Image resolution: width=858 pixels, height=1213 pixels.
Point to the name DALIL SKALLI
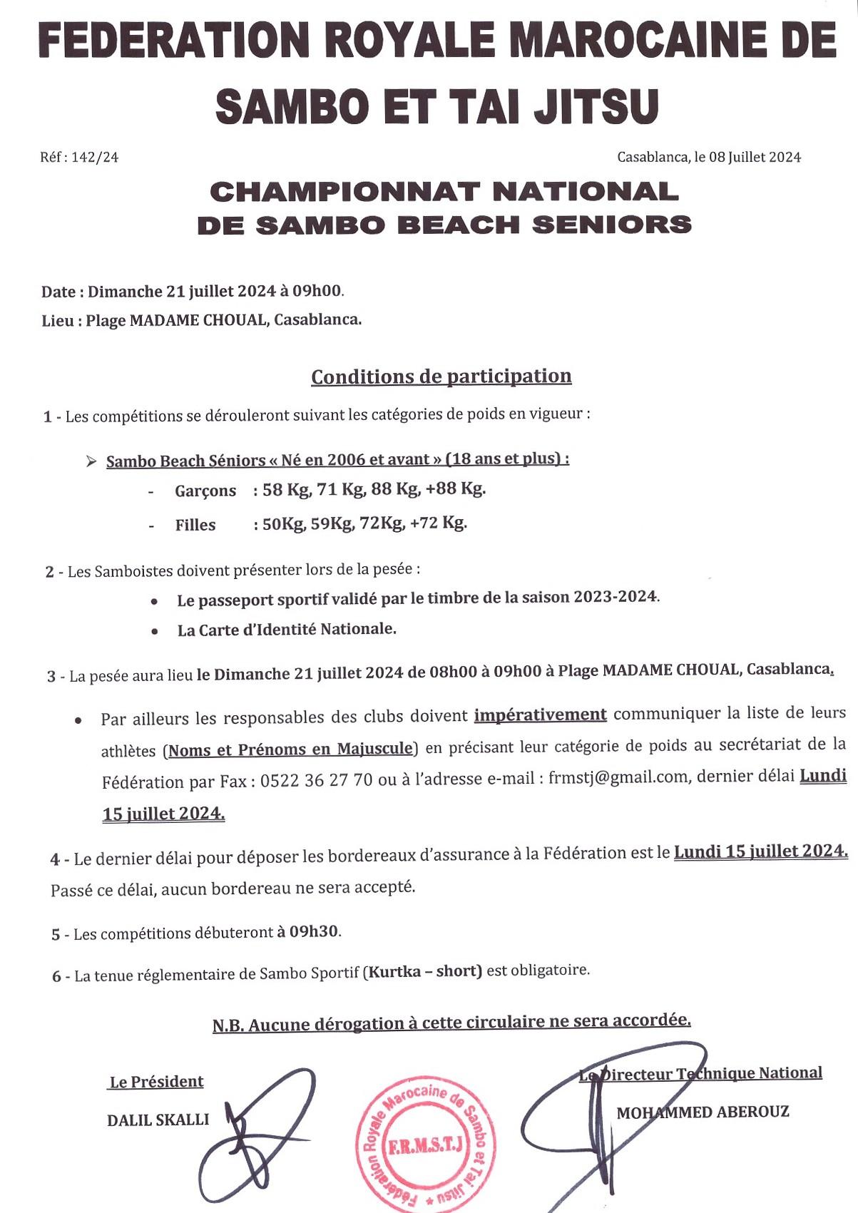click(158, 1120)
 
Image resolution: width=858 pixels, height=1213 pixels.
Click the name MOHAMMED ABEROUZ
click(703, 1112)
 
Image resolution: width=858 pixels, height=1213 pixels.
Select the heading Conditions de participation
click(441, 377)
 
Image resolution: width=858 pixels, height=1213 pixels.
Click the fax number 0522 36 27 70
click(316, 780)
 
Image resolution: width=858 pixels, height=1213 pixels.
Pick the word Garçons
click(205, 491)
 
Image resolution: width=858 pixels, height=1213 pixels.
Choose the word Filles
click(195, 526)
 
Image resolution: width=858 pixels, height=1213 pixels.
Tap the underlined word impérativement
click(540, 715)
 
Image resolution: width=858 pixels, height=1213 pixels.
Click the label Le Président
click(156, 1082)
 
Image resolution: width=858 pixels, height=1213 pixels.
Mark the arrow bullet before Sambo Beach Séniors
click(91, 461)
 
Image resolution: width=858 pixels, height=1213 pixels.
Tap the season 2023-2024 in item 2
click(616, 596)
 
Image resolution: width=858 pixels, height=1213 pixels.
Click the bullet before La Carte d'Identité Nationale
click(155, 631)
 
